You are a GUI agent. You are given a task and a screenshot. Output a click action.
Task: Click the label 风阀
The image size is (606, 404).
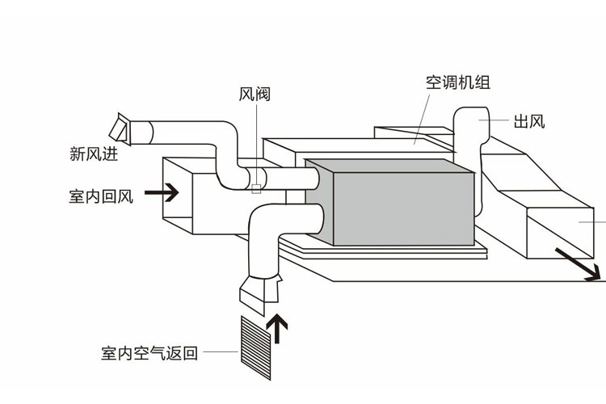[255, 95]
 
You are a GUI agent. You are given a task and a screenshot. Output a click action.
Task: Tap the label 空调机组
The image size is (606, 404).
[457, 82]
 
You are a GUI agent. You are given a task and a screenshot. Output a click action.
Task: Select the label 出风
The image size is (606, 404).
[529, 122]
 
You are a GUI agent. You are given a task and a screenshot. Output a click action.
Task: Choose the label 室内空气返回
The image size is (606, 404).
[149, 353]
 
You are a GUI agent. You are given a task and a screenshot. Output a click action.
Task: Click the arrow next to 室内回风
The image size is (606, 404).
[162, 192]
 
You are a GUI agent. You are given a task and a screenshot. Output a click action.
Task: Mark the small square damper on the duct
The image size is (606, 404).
[256, 189]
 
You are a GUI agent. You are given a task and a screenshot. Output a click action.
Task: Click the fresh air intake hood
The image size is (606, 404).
[120, 128]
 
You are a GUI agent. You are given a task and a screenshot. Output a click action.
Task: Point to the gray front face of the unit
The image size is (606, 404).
[404, 206]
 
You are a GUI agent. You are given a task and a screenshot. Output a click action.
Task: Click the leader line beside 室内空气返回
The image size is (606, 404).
[220, 353]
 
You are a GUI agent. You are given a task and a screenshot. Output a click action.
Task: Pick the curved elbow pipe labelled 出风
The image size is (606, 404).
[469, 129]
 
